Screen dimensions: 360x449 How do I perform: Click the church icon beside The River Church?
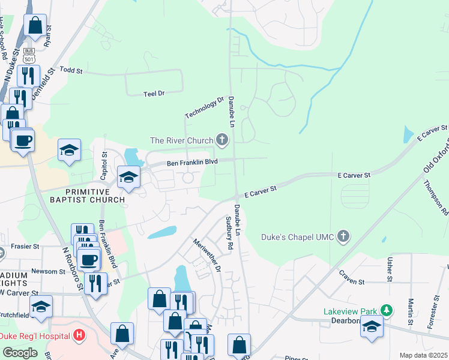pos(222,140)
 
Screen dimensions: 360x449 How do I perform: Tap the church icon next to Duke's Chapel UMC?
pos(343,236)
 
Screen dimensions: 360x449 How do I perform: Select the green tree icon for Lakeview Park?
pos(388,311)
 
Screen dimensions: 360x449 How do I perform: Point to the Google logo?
pos(20,353)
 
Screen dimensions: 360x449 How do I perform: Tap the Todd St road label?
pos(71,70)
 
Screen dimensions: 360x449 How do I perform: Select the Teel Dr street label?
pos(154,94)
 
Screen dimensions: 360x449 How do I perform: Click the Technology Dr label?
pos(204,108)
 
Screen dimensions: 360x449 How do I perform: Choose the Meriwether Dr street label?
pos(206,254)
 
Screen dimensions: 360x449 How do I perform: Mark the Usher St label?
pos(390,269)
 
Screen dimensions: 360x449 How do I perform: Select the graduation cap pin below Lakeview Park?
pos(372,328)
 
